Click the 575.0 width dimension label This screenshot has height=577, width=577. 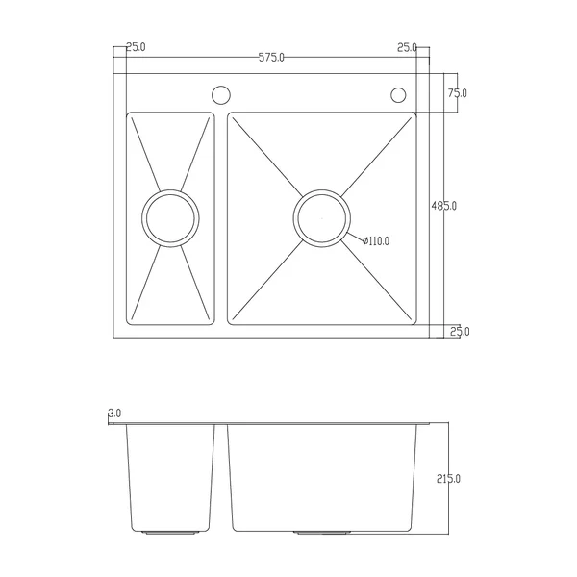coord(271,58)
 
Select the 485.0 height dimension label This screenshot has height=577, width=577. coord(443,206)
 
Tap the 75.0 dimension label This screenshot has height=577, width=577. coord(458,93)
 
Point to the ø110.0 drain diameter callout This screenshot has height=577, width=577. coord(376,241)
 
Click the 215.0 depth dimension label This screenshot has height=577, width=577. coord(448,479)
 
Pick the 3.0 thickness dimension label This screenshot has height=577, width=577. coord(114,414)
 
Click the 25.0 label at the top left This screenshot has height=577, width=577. coord(136,47)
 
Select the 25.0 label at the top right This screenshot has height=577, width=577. coord(407,47)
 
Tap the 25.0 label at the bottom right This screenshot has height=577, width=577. coord(460,332)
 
